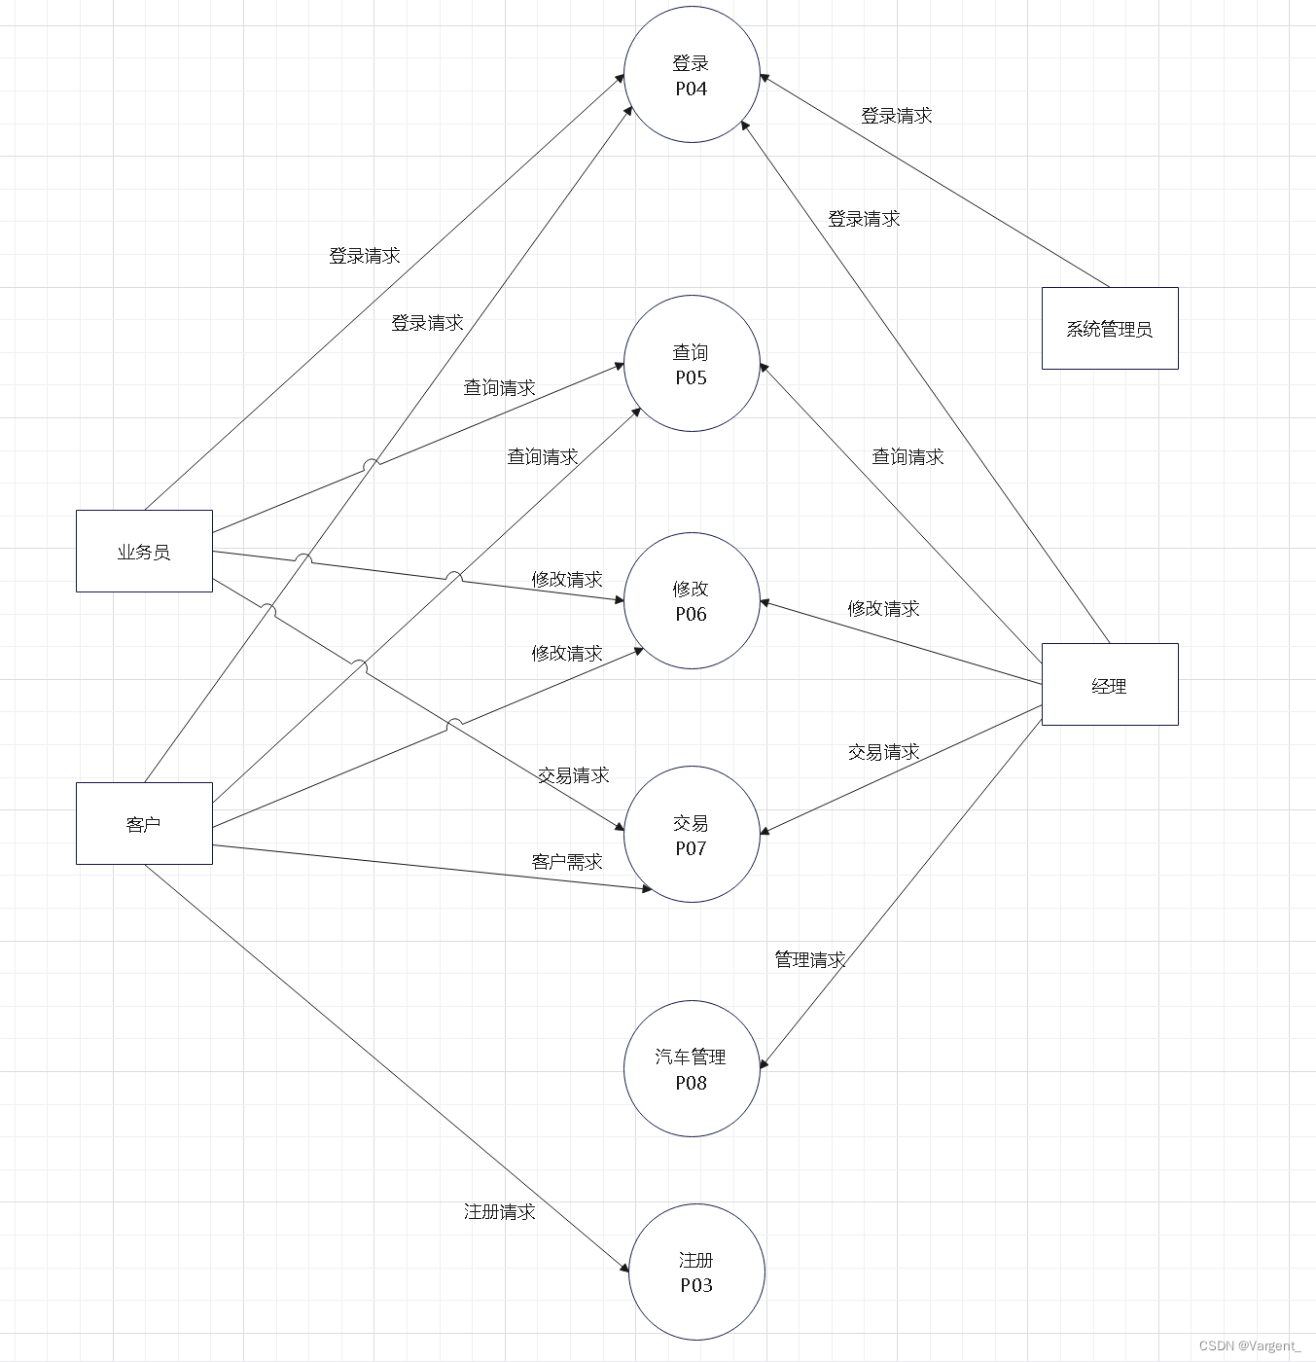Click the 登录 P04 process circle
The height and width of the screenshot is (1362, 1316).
click(x=691, y=75)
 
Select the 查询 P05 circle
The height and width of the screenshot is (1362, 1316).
click(x=691, y=364)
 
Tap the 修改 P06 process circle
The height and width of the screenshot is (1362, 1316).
click(x=691, y=600)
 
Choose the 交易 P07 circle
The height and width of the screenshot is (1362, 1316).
click(x=691, y=835)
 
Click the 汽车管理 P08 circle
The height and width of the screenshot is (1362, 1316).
click(x=691, y=1068)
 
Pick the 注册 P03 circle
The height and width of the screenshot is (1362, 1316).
click(x=696, y=1272)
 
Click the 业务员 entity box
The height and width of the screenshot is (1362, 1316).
click(x=144, y=552)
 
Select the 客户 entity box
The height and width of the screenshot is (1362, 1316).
click(x=144, y=824)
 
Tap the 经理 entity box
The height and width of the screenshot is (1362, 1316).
click(x=1109, y=685)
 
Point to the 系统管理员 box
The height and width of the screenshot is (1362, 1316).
click(x=1109, y=329)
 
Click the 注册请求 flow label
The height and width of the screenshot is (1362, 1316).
click(x=499, y=1211)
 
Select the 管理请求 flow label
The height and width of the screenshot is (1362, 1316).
click(x=809, y=959)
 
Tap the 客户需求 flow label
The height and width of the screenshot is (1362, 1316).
click(x=566, y=861)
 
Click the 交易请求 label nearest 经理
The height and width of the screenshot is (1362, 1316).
click(x=883, y=751)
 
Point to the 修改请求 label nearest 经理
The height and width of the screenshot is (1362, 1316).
click(x=883, y=608)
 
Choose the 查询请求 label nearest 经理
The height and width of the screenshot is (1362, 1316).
click(x=907, y=456)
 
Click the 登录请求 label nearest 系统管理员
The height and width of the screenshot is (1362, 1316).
click(x=896, y=115)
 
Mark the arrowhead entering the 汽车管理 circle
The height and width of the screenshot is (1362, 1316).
click(x=764, y=1063)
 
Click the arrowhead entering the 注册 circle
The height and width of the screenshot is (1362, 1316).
click(x=624, y=1267)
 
